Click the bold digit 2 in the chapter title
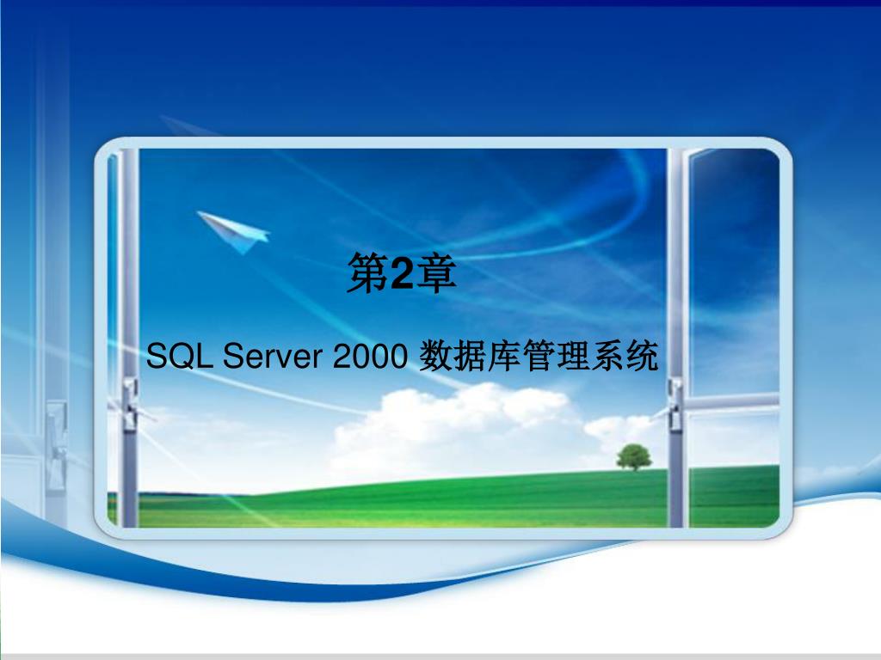point(401,274)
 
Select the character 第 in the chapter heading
point(368,272)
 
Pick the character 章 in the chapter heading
point(435,272)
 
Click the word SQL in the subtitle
point(179,355)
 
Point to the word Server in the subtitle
point(273,355)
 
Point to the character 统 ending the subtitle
point(642,355)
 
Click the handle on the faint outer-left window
point(56,444)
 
